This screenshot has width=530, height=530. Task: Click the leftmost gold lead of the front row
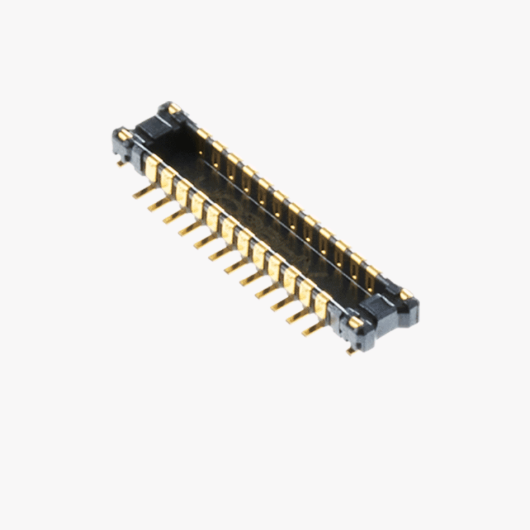click(142, 193)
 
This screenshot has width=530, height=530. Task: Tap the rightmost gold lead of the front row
click(312, 329)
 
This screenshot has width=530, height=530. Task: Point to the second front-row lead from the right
click(297, 317)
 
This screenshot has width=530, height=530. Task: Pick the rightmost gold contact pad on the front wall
click(322, 304)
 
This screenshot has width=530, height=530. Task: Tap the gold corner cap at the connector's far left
click(123, 135)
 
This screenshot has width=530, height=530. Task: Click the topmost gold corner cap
click(173, 108)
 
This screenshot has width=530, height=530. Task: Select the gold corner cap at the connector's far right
click(406, 295)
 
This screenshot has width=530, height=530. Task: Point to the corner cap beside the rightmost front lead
click(355, 322)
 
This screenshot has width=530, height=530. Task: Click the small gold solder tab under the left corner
click(121, 164)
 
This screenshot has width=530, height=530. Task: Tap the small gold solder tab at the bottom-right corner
click(351, 351)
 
